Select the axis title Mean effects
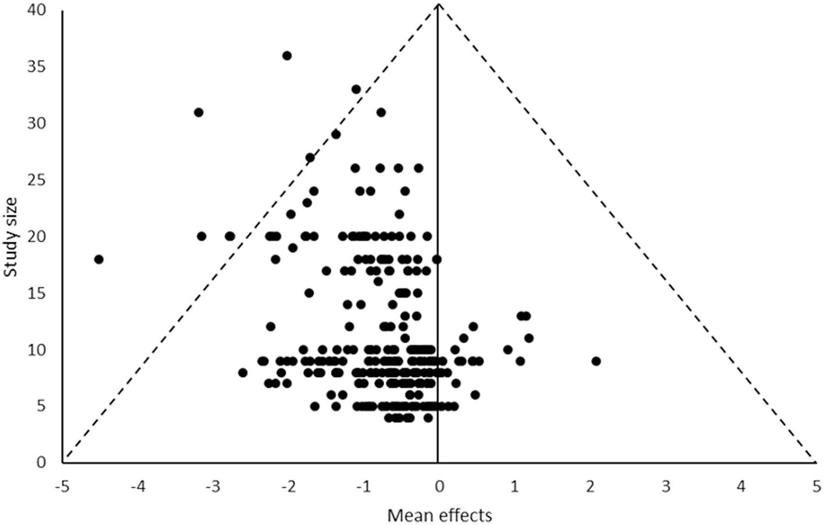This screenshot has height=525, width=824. coord(439,515)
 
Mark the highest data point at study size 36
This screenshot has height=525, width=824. coord(287,56)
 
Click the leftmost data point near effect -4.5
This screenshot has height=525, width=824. coord(99,259)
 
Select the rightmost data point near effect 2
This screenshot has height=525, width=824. coord(596,361)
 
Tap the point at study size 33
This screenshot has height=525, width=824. coord(356,89)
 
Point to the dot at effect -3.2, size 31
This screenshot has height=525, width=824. coord(199,112)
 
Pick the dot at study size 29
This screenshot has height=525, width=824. coord(336,135)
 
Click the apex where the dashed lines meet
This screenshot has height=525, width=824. coord(439,4)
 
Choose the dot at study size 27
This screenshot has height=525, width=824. coord(310,157)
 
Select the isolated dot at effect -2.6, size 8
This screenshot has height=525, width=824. coord(243,372)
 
